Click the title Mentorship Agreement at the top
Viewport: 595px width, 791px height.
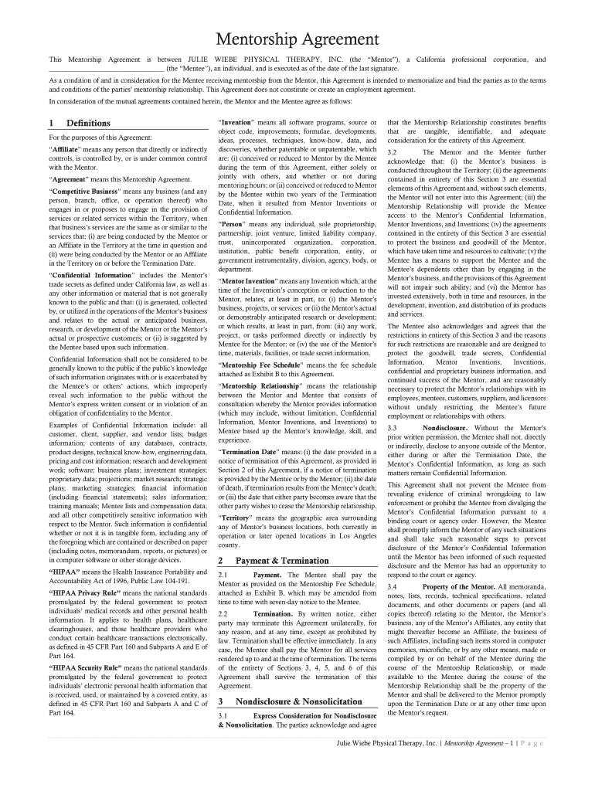[x=297, y=39]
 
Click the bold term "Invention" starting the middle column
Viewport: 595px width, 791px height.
[x=242, y=122]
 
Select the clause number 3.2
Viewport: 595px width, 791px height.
[x=393, y=152]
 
